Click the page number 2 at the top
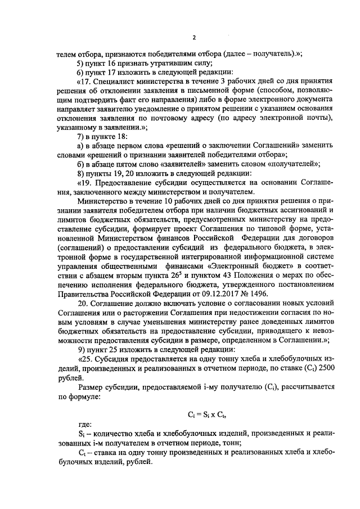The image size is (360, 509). tap(194, 38)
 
